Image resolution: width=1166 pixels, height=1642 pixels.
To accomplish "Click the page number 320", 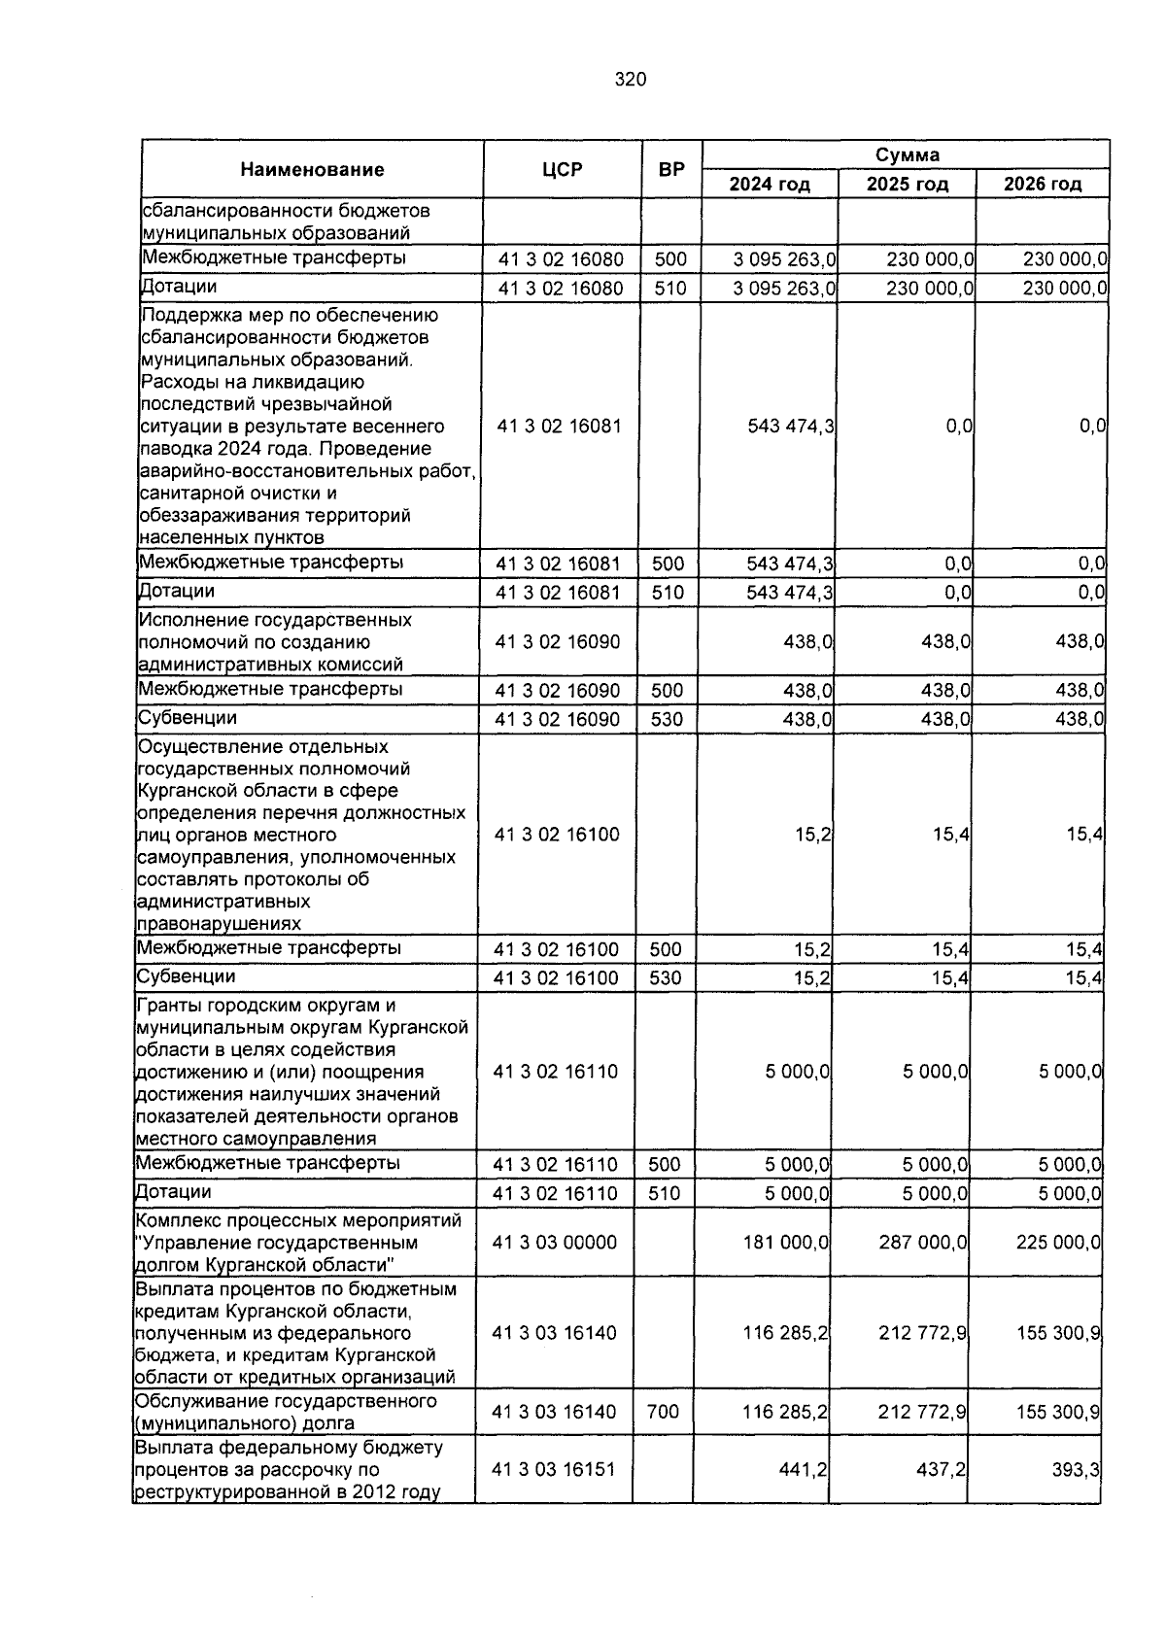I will click(x=630, y=81).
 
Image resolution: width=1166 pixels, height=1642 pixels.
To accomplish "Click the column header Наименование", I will click(x=312, y=170).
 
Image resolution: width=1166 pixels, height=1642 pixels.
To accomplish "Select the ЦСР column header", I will click(x=563, y=170).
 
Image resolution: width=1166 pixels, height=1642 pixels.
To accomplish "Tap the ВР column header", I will click(x=671, y=170).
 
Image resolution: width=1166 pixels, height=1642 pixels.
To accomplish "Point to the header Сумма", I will click(x=907, y=155).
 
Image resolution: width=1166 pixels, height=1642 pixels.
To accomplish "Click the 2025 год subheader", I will click(x=907, y=185).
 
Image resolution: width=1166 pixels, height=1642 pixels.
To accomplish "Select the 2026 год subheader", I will click(x=1043, y=185).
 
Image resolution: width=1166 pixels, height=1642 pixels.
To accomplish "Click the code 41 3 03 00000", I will click(x=555, y=1243).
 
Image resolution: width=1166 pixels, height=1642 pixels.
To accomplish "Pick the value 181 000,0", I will click(x=786, y=1243).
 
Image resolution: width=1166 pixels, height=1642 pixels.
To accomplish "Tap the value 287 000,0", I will click(x=923, y=1243).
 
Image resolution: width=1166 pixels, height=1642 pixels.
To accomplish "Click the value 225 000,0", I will click(x=1058, y=1243).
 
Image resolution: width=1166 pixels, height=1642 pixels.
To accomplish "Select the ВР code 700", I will click(x=663, y=1412).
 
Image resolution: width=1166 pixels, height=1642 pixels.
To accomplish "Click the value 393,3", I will click(x=1076, y=1470).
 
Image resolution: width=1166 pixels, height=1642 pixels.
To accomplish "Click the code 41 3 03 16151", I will click(x=554, y=1470).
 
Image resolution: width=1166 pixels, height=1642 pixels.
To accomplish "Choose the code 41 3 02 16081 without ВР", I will click(x=559, y=427).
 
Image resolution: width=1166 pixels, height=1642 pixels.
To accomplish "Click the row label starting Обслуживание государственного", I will click(x=288, y=1412).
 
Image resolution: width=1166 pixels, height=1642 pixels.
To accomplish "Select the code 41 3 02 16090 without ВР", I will click(x=558, y=642).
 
